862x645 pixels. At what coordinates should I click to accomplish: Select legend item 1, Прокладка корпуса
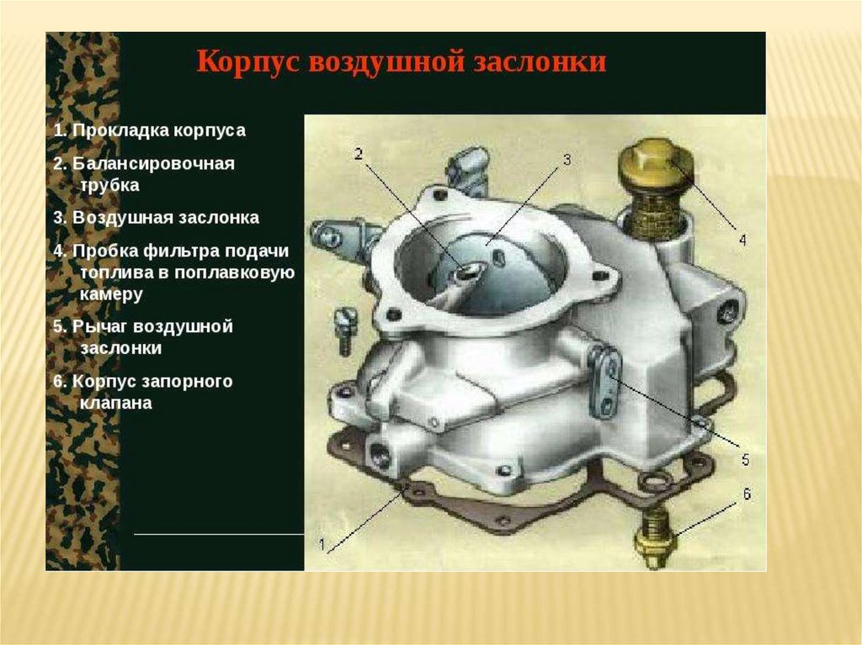(x=150, y=130)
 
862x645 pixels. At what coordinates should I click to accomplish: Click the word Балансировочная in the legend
(x=153, y=164)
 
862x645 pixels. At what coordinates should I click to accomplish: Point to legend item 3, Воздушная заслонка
(x=156, y=218)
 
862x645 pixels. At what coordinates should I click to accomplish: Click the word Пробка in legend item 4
(x=105, y=251)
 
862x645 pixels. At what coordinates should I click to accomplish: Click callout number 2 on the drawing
(x=359, y=154)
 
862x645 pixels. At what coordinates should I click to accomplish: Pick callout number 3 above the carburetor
(x=567, y=159)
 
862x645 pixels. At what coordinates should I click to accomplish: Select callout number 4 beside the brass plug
(x=742, y=241)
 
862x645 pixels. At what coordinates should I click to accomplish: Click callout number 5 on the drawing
(x=746, y=459)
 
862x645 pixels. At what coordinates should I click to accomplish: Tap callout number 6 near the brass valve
(x=748, y=494)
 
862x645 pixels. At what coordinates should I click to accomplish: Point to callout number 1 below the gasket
(x=322, y=545)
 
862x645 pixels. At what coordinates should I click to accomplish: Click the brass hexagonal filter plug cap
(x=656, y=165)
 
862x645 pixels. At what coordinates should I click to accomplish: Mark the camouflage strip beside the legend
(x=82, y=301)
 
